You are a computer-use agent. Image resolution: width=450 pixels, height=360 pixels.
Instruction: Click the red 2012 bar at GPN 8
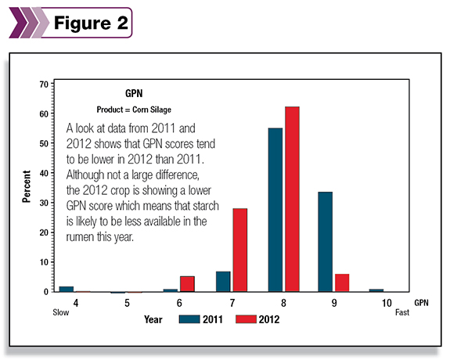click(292, 200)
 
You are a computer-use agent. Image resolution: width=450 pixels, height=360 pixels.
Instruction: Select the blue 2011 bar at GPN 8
click(275, 210)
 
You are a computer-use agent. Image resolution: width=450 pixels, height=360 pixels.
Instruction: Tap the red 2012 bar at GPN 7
click(240, 250)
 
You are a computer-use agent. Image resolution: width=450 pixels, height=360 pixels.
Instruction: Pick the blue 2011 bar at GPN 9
click(325, 242)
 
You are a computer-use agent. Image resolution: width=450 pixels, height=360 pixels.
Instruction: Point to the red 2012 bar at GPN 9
click(342, 283)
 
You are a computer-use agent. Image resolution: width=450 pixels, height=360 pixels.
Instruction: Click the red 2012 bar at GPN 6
click(187, 284)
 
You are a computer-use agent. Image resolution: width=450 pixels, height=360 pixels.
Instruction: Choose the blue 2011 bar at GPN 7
click(223, 282)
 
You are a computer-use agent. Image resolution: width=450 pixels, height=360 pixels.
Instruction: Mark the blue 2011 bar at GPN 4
click(67, 289)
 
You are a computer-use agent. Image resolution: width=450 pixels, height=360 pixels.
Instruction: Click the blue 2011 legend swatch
click(189, 319)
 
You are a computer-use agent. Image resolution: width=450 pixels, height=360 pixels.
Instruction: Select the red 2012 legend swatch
click(246, 319)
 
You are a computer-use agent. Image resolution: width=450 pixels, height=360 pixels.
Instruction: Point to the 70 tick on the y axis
click(52, 84)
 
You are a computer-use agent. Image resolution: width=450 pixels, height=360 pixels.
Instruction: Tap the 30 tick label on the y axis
click(44, 203)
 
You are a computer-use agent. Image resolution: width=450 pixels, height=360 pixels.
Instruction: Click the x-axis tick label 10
click(387, 303)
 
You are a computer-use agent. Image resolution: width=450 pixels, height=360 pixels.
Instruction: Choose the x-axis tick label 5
click(127, 303)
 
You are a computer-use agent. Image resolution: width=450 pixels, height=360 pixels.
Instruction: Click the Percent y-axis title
click(26, 186)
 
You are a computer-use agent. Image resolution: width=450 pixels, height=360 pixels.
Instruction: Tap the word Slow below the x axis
click(61, 312)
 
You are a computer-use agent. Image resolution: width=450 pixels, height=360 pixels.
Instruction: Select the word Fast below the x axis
click(402, 312)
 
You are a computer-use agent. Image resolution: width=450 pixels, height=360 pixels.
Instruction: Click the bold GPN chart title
click(134, 93)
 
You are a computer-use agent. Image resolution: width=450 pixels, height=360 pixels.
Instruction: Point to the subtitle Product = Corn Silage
click(134, 110)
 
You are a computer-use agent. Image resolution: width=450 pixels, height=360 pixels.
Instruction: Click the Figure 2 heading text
click(91, 23)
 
